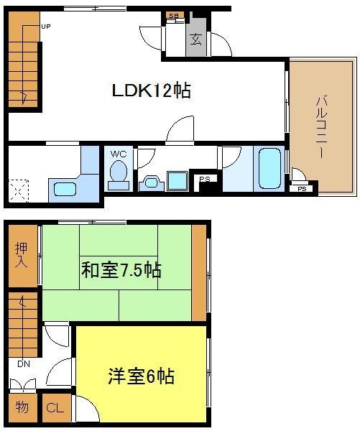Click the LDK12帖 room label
click(x=152, y=91)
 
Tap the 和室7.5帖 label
click(x=121, y=270)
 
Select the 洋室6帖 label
click(x=141, y=376)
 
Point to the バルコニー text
click(x=321, y=127)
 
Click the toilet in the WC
click(x=119, y=175)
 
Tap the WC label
click(x=119, y=154)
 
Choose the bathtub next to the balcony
click(x=269, y=169)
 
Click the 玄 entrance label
click(x=196, y=39)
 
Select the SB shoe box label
click(x=173, y=15)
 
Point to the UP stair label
click(x=46, y=27)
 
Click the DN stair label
click(x=24, y=364)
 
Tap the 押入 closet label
click(x=22, y=255)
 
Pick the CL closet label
click(x=55, y=407)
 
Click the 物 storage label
click(x=22, y=407)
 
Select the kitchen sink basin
click(x=65, y=189)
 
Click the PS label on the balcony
click(x=302, y=189)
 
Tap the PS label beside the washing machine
click(x=205, y=179)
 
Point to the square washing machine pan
click(x=177, y=181)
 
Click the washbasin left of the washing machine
click(x=152, y=183)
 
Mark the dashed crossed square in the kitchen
click(x=18, y=191)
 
